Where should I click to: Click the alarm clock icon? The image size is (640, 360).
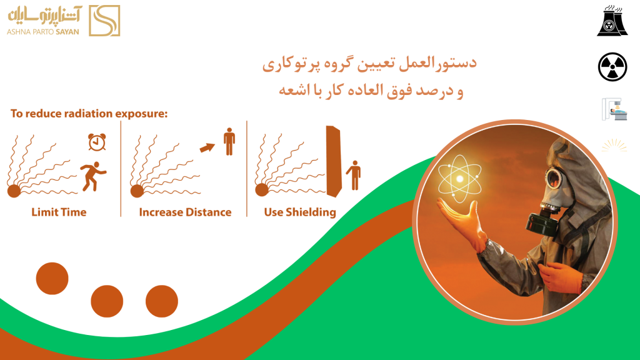click(x=97, y=142)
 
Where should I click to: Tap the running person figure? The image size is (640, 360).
click(x=94, y=176)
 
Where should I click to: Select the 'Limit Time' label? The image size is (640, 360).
click(x=59, y=212)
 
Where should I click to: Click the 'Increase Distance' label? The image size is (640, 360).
click(x=185, y=212)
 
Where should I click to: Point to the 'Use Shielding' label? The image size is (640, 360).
click(x=300, y=212)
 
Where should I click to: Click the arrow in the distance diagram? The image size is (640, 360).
click(x=207, y=147)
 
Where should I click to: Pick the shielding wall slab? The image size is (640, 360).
click(x=334, y=162)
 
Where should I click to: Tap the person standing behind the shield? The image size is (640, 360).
click(x=354, y=176)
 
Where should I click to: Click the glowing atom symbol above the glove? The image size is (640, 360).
click(x=459, y=179)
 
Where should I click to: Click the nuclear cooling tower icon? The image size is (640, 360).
click(x=612, y=21)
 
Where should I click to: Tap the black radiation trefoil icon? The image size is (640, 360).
click(x=612, y=67)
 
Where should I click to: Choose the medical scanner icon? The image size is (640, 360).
click(x=614, y=109)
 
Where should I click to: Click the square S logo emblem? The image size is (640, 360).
click(x=104, y=21)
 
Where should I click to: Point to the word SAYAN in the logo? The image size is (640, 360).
click(x=67, y=32)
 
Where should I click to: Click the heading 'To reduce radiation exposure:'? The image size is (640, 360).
click(x=89, y=114)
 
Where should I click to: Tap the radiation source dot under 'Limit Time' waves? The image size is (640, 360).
click(x=14, y=191)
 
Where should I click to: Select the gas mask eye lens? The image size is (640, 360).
click(x=554, y=178)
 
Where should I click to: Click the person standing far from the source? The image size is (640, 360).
click(x=229, y=142)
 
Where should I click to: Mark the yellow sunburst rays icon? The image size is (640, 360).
click(x=614, y=146)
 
